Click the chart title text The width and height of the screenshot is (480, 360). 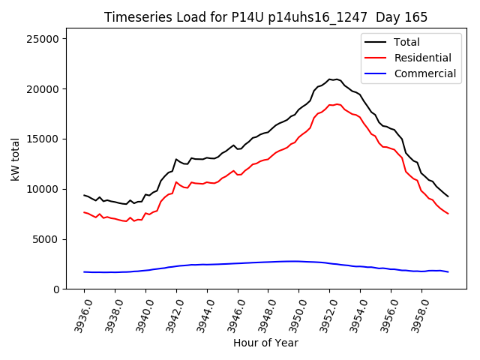pos(265,16)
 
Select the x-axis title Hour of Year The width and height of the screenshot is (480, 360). pos(265,343)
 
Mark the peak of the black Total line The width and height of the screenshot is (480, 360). pos(330,79)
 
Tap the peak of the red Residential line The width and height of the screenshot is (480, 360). pos(337,104)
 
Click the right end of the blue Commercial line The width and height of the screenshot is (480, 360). pos(448,271)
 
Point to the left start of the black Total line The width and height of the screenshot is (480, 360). pos(84,195)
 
